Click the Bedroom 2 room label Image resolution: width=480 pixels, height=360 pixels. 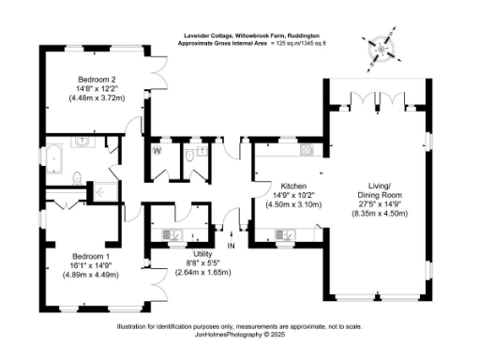[97, 79]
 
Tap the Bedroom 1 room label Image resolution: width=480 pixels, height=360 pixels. [94, 255]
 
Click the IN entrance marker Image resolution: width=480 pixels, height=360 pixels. [230, 246]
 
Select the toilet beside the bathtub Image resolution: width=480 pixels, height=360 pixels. [75, 172]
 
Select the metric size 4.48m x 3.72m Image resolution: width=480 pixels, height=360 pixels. [97, 98]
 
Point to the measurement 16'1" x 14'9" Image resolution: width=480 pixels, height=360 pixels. [94, 264]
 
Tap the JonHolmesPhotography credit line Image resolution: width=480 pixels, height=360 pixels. [239, 334]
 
